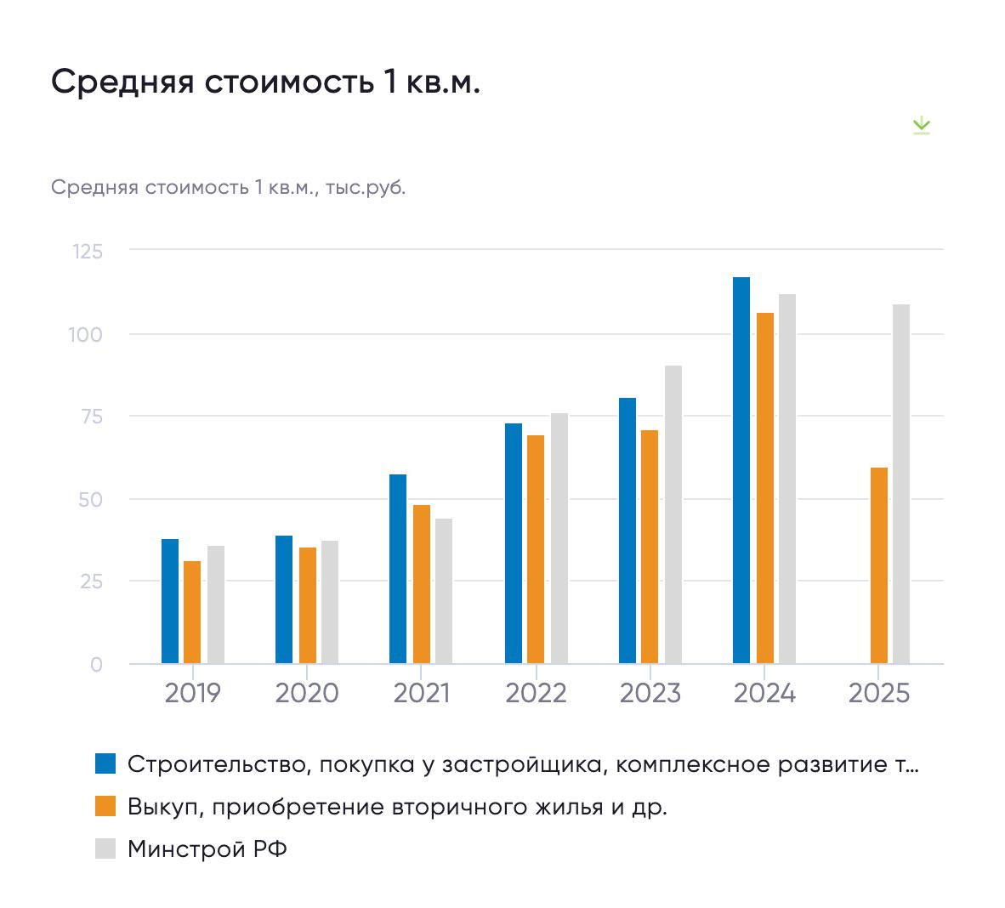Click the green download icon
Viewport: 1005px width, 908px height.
pos(921,127)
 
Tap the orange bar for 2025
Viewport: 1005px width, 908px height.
pos(879,565)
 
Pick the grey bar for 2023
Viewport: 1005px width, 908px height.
pos(673,514)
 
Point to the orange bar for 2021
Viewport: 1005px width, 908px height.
pos(422,584)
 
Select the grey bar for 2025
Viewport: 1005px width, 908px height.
pos(901,484)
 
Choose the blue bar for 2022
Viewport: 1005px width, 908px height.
pos(514,543)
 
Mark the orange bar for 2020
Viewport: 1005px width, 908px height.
pos(308,605)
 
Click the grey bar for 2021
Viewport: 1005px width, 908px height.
pos(444,591)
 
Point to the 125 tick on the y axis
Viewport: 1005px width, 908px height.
pos(88,252)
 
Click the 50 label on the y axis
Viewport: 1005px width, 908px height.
pos(90,499)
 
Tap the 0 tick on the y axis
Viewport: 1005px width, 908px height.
pos(96,664)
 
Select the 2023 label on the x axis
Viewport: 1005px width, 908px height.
pos(650,694)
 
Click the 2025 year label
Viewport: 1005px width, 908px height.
pos(879,694)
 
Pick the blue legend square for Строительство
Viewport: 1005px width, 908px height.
pos(105,763)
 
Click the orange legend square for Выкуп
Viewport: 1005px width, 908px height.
pos(105,806)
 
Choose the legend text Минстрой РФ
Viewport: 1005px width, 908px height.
pos(207,848)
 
